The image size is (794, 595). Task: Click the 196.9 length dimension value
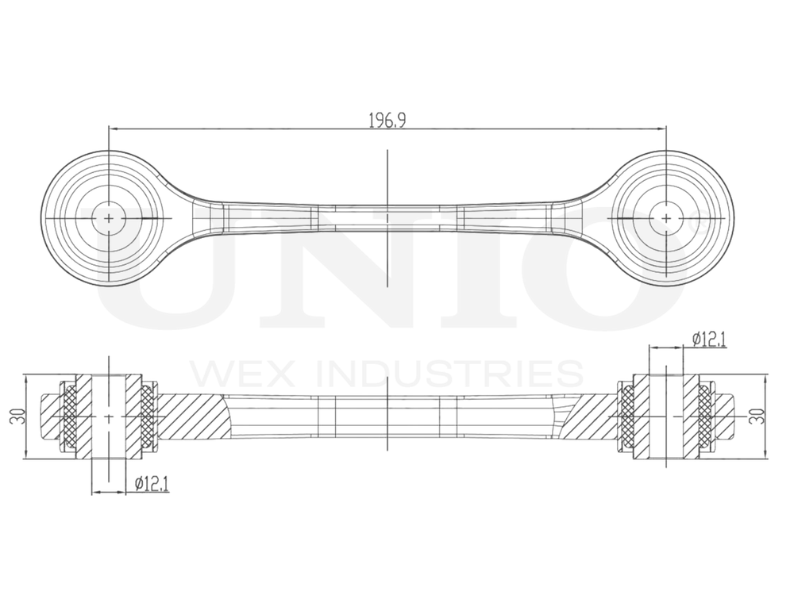pyautogui.click(x=387, y=120)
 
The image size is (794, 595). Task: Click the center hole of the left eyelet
pyautogui.click(x=109, y=217)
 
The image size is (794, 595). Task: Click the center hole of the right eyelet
pyautogui.click(x=665, y=217)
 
